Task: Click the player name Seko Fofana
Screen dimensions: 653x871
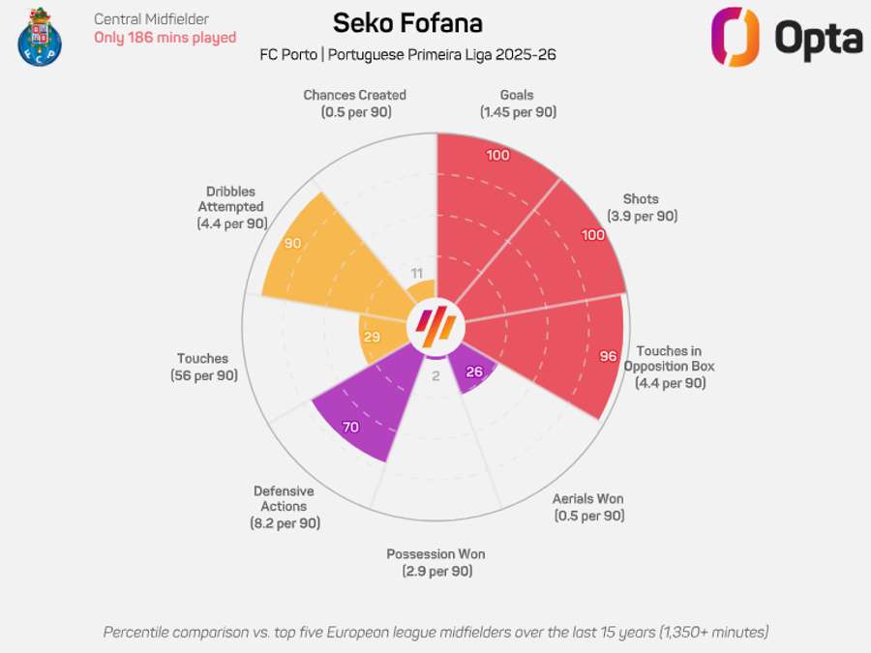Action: pos(407,22)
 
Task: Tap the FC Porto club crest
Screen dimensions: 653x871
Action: pos(39,37)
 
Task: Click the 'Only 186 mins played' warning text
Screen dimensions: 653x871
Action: pos(165,38)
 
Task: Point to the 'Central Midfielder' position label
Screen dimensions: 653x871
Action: pos(151,18)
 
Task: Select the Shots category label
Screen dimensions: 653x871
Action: pos(642,208)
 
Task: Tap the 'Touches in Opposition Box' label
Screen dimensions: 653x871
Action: pos(670,367)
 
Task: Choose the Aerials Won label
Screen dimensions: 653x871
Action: pos(588,507)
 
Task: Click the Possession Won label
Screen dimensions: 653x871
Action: pos(435,562)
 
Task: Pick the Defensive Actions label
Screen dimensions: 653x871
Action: pos(284,506)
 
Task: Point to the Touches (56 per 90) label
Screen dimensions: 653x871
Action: pos(203,367)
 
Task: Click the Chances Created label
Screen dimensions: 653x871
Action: pos(354,104)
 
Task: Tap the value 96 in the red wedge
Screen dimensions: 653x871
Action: pos(608,356)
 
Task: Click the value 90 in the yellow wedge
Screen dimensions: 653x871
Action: pos(293,244)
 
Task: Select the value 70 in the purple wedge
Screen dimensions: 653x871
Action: pos(350,426)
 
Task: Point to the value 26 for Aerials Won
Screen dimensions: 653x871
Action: pos(474,372)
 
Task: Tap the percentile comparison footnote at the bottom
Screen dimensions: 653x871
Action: pos(435,632)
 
